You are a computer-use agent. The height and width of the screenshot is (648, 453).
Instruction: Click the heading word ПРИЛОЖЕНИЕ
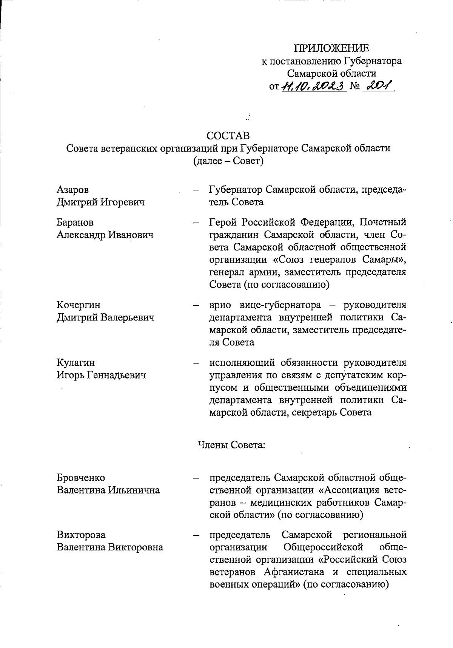click(332, 48)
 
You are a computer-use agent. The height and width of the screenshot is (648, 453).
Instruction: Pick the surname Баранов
click(75, 222)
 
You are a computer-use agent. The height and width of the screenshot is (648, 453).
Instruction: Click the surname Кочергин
click(79, 305)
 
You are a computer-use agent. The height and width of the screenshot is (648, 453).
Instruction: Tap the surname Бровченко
click(81, 478)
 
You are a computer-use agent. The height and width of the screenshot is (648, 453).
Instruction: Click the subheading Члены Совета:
click(232, 445)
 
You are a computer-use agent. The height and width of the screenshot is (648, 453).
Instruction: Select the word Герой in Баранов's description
click(223, 222)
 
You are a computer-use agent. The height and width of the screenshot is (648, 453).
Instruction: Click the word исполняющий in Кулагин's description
click(242, 363)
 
